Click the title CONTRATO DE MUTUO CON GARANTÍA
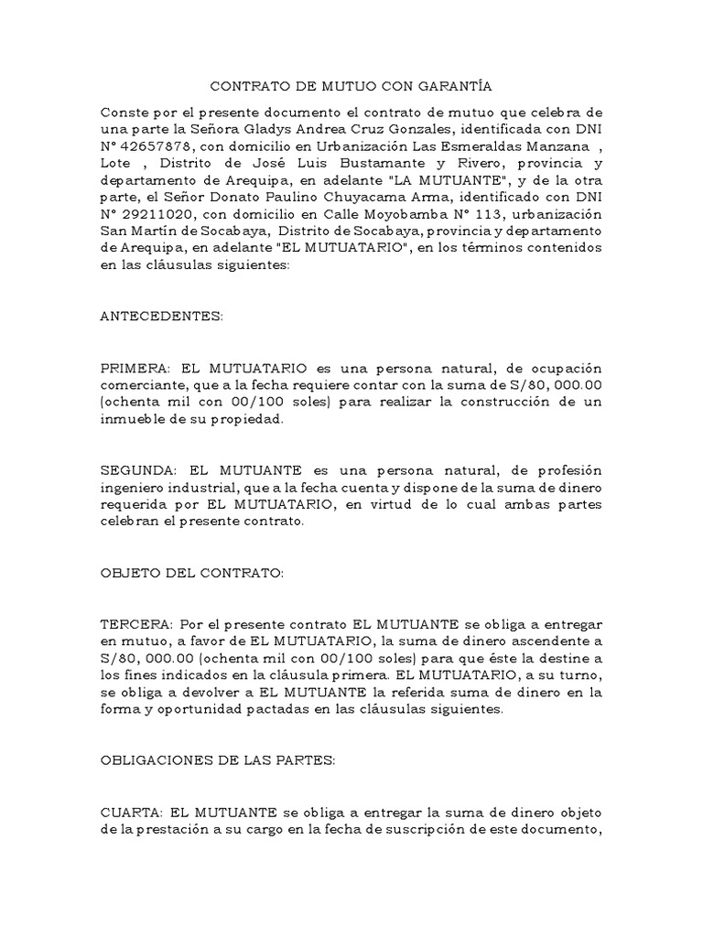tap(351, 87)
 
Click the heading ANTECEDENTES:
tap(161, 315)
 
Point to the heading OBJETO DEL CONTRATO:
tap(192, 573)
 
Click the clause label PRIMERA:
tap(135, 366)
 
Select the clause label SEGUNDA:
tap(136, 469)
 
